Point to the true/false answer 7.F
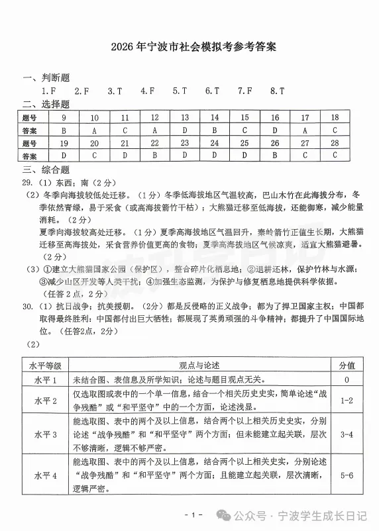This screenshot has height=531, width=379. tap(244, 91)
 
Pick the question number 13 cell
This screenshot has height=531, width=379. tap(184, 118)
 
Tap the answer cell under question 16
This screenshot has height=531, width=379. tap(274, 130)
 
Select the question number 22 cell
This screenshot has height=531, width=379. tap(154, 143)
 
